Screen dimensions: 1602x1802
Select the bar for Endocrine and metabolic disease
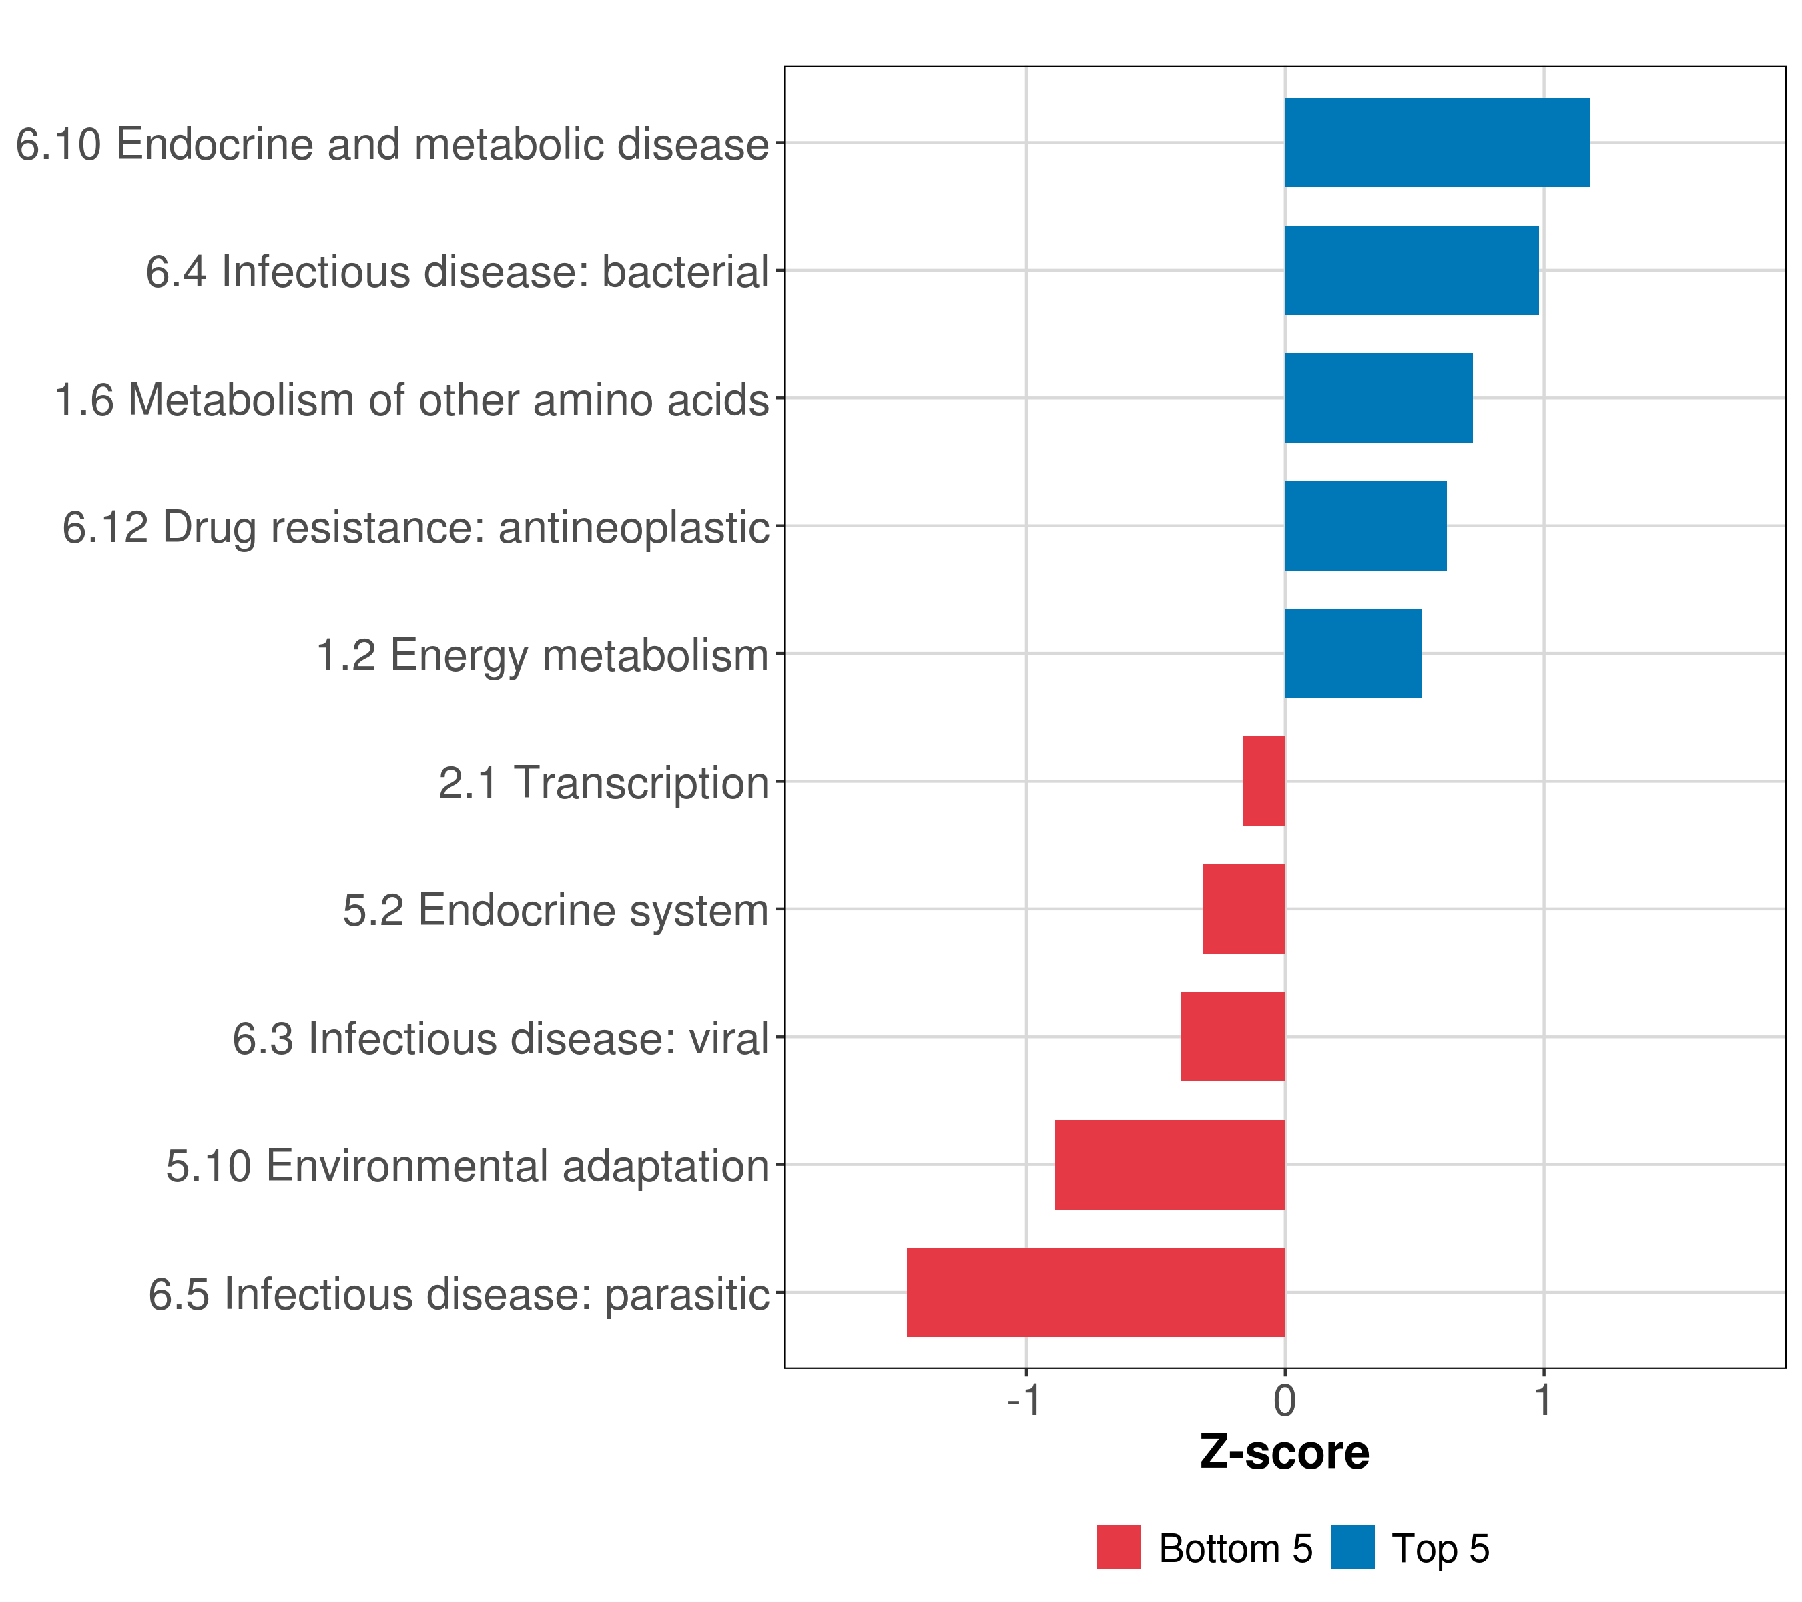pos(1437,143)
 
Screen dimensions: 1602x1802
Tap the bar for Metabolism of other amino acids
pos(1379,398)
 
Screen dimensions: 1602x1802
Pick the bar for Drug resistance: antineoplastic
pos(1366,527)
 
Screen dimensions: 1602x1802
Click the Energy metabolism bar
pos(1354,653)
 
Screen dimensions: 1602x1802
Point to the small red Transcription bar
pos(1264,781)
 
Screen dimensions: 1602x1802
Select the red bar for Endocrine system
pos(1244,909)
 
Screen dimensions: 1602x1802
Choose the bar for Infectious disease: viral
pos(1233,1037)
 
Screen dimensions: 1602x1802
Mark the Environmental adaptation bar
pos(1170,1165)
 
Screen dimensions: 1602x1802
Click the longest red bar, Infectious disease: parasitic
pos(1096,1292)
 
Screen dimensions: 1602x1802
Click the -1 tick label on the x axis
pos(1024,1400)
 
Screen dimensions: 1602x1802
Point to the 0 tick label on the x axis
pos(1285,1400)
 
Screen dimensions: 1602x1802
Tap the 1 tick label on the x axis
pos(1543,1400)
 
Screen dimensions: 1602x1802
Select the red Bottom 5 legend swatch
pos(1119,1547)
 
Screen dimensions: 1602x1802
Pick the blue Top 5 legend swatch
pos(1352,1547)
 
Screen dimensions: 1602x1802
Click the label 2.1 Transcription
pos(604,783)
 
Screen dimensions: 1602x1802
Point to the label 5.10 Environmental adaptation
pos(467,1166)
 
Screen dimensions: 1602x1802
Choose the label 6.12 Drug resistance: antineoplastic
pos(415,528)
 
